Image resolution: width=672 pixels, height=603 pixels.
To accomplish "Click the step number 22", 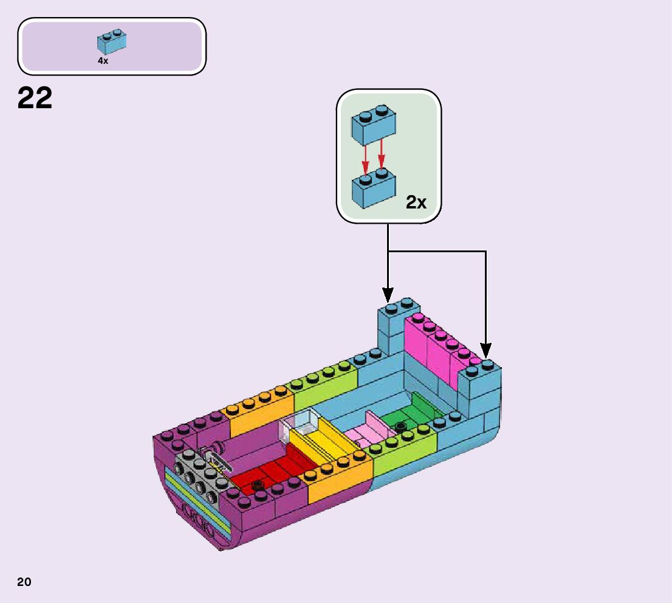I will [35, 98].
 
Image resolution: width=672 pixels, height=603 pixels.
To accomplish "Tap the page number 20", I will [24, 582].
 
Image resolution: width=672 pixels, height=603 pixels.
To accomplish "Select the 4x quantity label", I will [103, 61].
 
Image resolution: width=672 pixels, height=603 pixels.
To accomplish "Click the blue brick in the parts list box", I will [112, 41].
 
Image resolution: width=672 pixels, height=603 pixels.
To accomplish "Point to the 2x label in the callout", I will [416, 202].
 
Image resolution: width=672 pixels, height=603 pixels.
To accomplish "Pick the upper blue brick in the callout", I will [373, 125].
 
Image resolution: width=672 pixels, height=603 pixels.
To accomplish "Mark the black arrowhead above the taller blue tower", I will [388, 294].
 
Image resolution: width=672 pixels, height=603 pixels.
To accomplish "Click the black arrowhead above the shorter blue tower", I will [485, 351].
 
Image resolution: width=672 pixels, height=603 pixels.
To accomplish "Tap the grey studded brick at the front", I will [194, 477].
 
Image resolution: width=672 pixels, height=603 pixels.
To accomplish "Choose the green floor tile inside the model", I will [413, 413].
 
